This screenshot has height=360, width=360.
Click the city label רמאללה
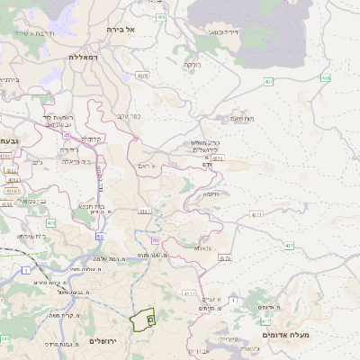(x=87, y=56)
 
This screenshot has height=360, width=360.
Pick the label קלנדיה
(x=92, y=139)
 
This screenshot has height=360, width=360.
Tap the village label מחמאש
(x=242, y=118)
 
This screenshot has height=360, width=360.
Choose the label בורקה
(x=192, y=65)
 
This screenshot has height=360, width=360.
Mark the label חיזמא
(x=211, y=193)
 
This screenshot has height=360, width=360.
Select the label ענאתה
(x=201, y=247)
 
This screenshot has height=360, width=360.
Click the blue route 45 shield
(x=67, y=135)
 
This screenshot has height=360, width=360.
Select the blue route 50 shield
(x=99, y=237)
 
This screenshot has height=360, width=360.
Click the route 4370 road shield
(x=225, y=258)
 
